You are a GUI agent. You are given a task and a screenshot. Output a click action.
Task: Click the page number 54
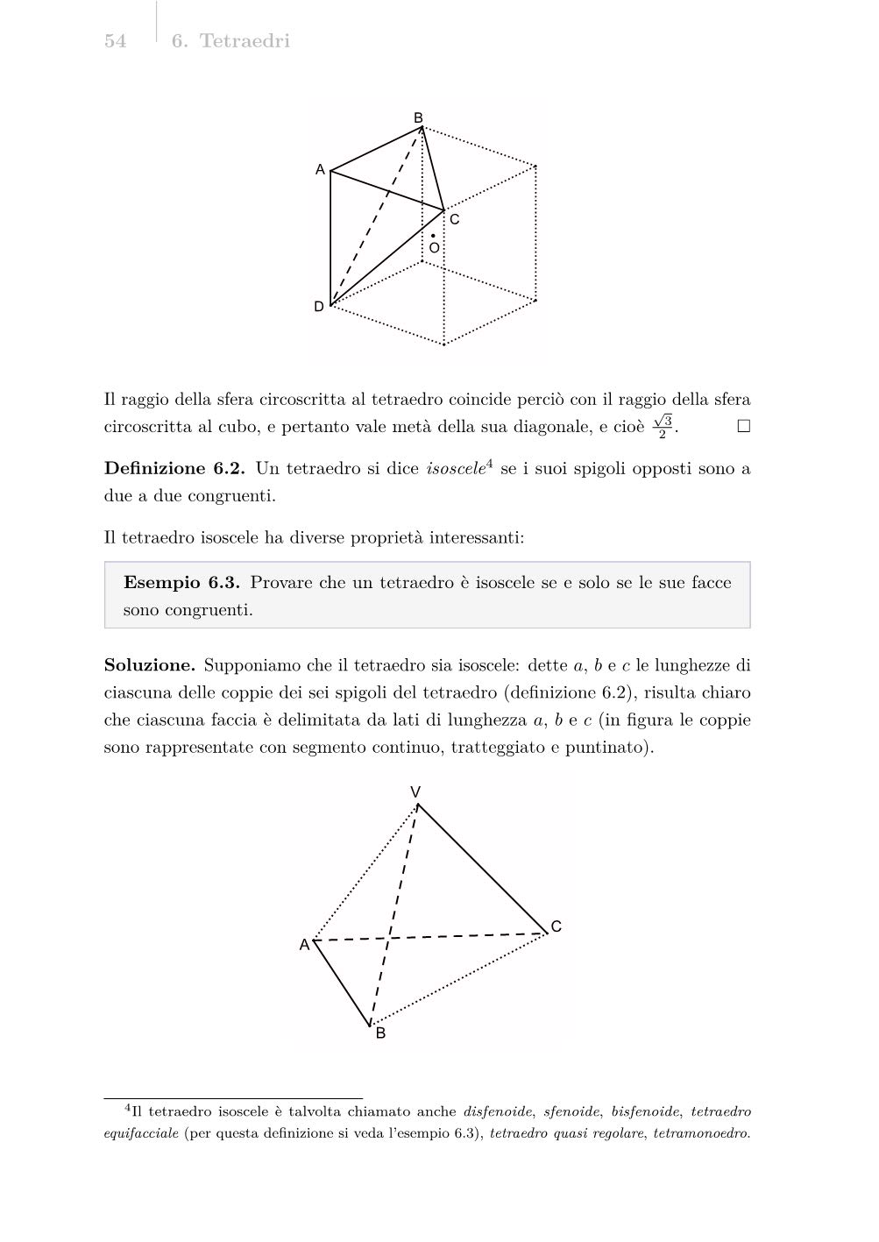click(115, 41)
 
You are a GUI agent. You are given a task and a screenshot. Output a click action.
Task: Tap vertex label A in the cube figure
click(321, 169)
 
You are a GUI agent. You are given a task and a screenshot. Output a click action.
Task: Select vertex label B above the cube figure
click(418, 117)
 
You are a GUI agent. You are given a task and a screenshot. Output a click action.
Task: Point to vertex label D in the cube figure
click(319, 307)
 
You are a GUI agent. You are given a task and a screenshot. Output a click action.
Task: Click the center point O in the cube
click(433, 237)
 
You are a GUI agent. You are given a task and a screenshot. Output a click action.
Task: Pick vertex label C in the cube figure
click(454, 220)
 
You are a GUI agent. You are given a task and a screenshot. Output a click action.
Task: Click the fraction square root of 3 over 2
click(663, 427)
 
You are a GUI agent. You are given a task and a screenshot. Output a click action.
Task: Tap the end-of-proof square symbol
click(743, 427)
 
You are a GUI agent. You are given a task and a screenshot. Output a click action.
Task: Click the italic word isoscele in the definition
click(455, 468)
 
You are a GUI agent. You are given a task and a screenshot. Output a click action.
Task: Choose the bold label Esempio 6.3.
click(182, 583)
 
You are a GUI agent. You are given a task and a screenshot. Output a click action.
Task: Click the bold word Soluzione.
click(149, 665)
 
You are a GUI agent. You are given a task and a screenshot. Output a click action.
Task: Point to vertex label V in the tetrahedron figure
click(416, 792)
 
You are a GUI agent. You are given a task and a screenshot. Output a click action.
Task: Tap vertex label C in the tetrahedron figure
click(556, 926)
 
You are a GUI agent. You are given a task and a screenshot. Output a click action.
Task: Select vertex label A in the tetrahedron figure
click(304, 945)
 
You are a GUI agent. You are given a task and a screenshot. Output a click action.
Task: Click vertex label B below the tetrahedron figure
click(380, 1033)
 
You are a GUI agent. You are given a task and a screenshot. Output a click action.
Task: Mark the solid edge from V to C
click(482, 868)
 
